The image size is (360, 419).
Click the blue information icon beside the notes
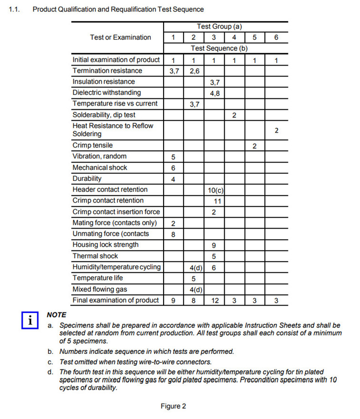(x=30, y=320)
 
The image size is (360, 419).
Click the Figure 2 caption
(x=173, y=406)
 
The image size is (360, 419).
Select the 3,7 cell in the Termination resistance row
(x=173, y=71)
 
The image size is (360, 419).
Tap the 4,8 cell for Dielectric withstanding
(x=214, y=93)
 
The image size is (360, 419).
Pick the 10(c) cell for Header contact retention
(x=214, y=190)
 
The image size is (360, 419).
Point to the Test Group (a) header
(x=219, y=27)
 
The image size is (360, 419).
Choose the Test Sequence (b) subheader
(x=219, y=48)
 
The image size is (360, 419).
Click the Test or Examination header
(x=120, y=37)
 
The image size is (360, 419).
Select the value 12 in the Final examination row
(x=214, y=301)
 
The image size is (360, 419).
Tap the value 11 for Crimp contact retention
(x=217, y=201)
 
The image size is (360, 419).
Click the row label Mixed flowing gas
(x=100, y=289)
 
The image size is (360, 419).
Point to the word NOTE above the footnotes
(x=57, y=315)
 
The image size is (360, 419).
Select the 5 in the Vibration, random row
(x=173, y=157)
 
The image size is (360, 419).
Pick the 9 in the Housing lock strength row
(x=214, y=245)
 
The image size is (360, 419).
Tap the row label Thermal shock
(x=95, y=256)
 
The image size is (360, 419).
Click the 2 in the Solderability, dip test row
(x=234, y=115)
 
